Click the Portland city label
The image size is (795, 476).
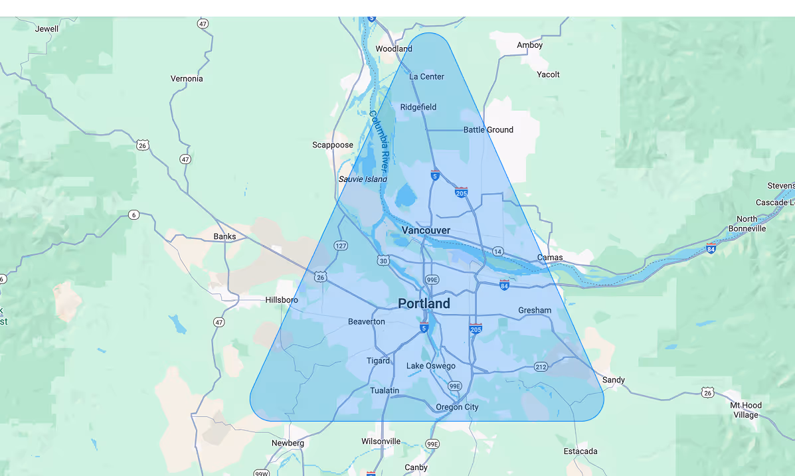(x=424, y=303)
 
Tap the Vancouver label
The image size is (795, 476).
(x=426, y=230)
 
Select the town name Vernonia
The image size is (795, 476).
(x=187, y=78)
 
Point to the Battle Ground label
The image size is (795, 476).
(x=488, y=129)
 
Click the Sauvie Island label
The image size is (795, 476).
(x=363, y=179)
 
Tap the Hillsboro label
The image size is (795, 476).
(x=282, y=300)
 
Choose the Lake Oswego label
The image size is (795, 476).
(x=431, y=366)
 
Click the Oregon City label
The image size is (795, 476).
(x=457, y=407)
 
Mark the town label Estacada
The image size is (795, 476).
(x=580, y=451)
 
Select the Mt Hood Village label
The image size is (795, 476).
(x=746, y=410)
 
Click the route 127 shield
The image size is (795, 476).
(x=341, y=246)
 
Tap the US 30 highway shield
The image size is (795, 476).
(x=383, y=261)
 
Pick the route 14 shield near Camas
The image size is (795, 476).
(x=497, y=251)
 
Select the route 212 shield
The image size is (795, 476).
(x=541, y=366)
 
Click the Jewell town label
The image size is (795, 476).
(x=46, y=29)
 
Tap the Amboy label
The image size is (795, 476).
(x=530, y=45)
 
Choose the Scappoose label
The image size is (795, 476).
(x=333, y=145)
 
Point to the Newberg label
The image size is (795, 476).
(x=288, y=443)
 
